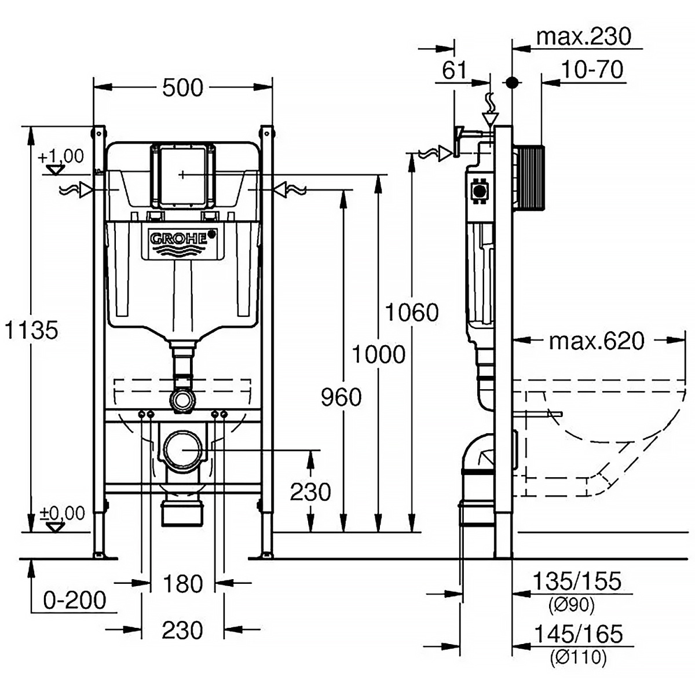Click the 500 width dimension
[x=182, y=87]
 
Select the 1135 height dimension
[x=30, y=331]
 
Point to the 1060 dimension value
[x=412, y=313]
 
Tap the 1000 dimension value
[x=379, y=354]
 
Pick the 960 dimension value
[x=341, y=397]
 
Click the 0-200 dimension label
[x=75, y=600]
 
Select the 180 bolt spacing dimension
[x=182, y=584]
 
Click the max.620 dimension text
[x=596, y=341]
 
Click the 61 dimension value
[x=454, y=70]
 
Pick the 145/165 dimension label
[x=577, y=634]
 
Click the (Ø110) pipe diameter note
[x=577, y=657]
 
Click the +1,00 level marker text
[x=61, y=156]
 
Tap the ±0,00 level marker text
[x=62, y=513]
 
